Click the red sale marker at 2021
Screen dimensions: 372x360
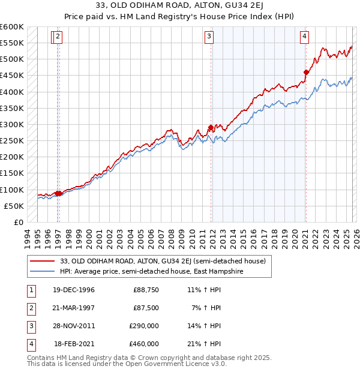tap(306, 73)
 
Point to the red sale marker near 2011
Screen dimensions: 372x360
tap(211, 128)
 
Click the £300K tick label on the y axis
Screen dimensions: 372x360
tap(12, 125)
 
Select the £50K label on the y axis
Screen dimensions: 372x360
tap(14, 206)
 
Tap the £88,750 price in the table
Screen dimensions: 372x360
tap(146, 290)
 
